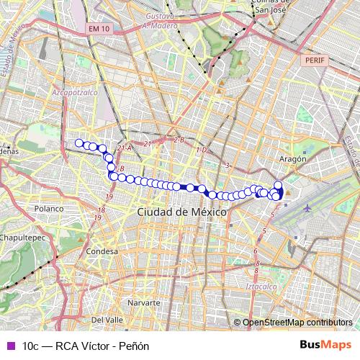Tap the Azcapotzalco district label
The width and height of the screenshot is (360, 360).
click(x=74, y=93)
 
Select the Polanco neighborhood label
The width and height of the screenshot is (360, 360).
click(x=49, y=208)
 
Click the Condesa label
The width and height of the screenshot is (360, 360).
click(x=101, y=251)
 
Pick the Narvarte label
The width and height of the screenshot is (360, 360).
click(x=143, y=303)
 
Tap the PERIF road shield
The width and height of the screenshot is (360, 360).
click(x=315, y=62)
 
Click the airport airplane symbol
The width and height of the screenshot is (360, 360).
click(x=308, y=207)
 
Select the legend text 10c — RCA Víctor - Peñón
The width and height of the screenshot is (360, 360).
click(x=86, y=346)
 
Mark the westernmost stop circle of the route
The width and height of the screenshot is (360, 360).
click(x=79, y=143)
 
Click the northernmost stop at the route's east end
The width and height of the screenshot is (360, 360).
click(x=279, y=185)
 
